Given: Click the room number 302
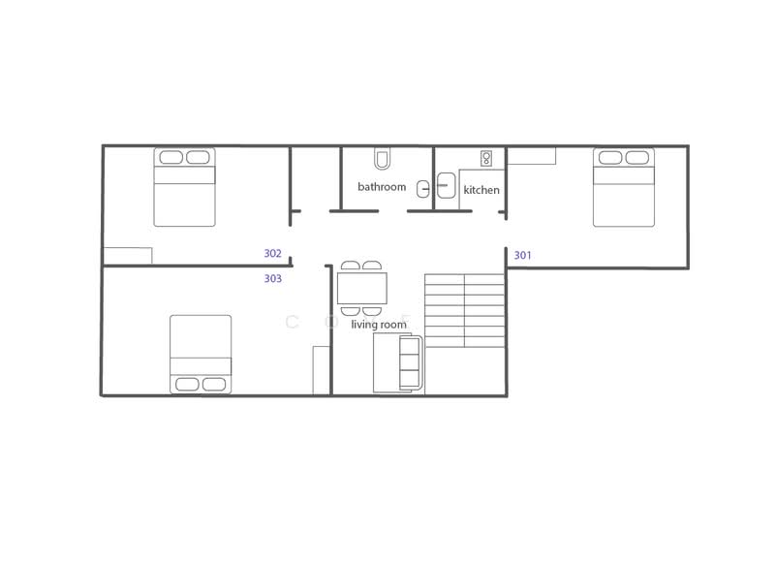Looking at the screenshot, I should pos(272,254).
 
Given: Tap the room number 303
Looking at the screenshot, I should pos(272,278).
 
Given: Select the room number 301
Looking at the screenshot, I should pos(522,256).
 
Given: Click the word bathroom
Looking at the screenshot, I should pos(382,186).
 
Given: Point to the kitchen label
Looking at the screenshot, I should pos(481,190).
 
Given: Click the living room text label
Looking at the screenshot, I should pos(379,325).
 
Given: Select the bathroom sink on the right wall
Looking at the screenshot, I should pos(422,188).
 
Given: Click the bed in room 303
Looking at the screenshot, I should pos(201,354).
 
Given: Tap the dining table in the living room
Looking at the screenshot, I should pos(361,288).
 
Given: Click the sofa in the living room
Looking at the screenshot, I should pos(398,362).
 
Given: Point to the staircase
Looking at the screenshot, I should pos(465,310).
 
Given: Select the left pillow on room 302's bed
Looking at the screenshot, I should pos(170,158).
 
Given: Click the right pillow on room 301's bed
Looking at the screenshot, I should pos(637,158).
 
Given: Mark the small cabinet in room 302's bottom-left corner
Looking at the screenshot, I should pos(128,256).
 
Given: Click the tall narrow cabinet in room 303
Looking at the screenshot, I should pos(321,370).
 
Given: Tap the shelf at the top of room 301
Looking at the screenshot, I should pos(532,155).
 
